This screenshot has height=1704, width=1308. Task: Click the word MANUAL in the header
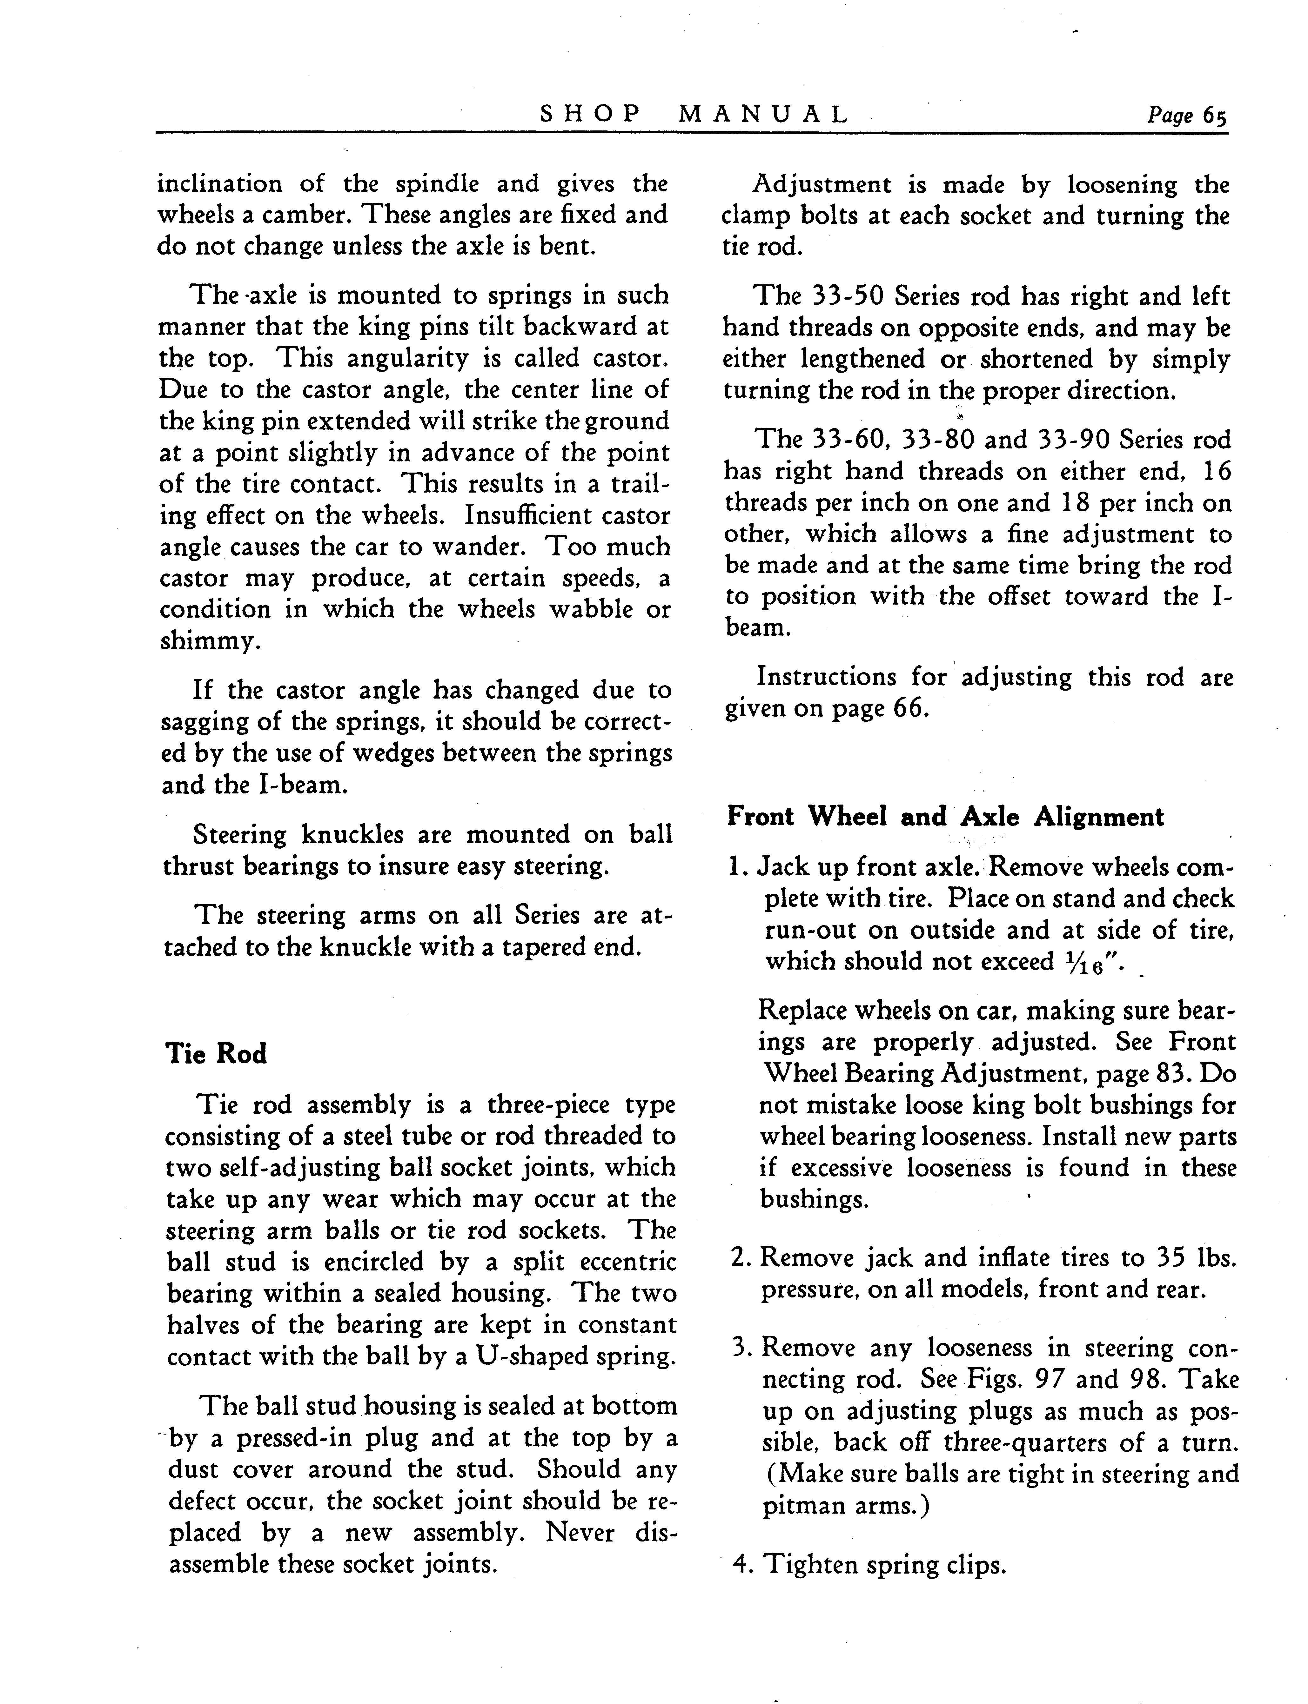coord(763,115)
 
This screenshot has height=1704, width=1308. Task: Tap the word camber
coord(312,215)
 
